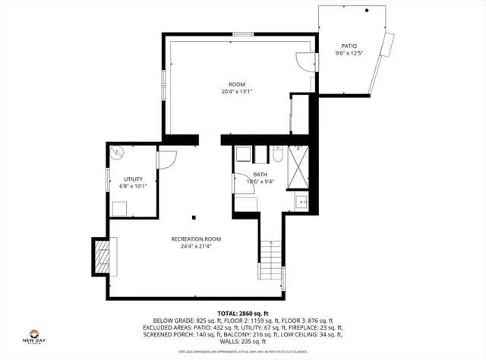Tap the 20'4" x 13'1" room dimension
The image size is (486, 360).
click(x=237, y=92)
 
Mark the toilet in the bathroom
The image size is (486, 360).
click(x=278, y=155)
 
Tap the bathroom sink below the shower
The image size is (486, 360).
click(x=300, y=201)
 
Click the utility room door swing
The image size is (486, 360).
click(x=167, y=159)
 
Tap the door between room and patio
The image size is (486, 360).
click(x=305, y=61)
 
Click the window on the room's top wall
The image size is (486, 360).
click(x=243, y=34)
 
